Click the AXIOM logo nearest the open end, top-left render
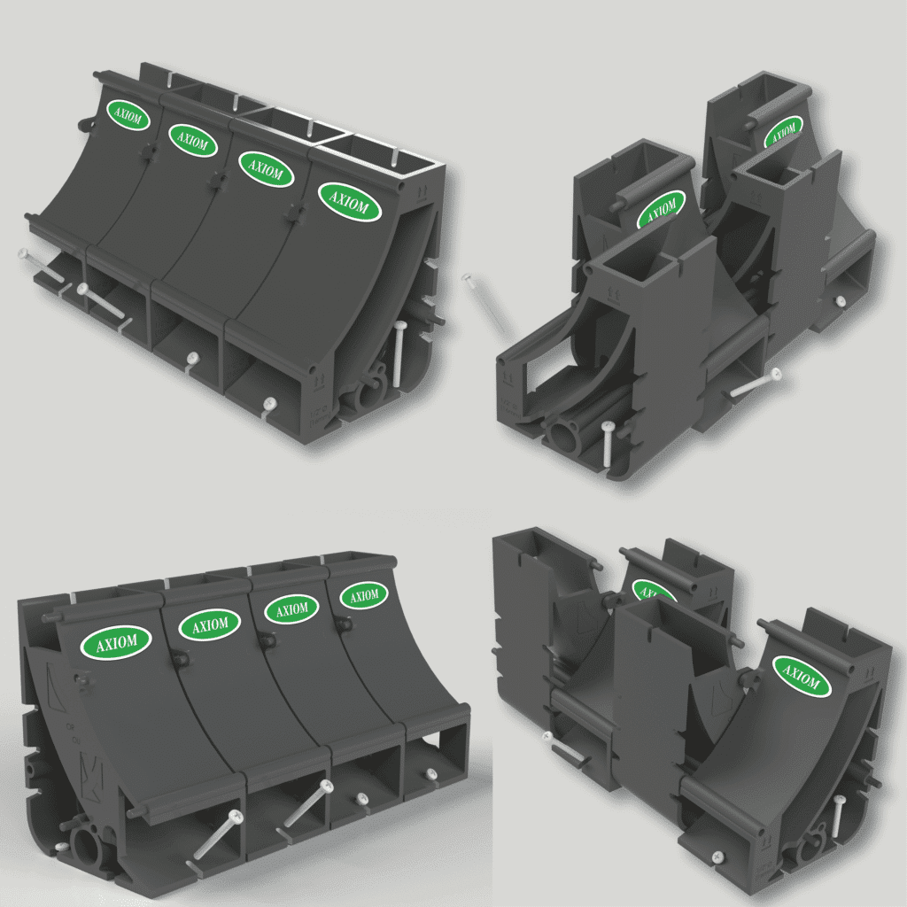pos(350,203)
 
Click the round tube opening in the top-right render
pos(564,438)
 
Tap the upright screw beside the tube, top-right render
pos(607,443)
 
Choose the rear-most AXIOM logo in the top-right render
pos(782,133)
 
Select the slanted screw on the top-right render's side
pos(755,383)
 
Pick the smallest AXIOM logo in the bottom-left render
pos(363,595)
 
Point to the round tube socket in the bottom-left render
pos(85,848)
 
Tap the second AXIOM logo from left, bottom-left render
pos(210,624)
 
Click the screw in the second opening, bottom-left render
pos(304,808)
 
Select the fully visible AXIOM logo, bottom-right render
pos(801,677)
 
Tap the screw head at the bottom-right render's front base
pos(716,857)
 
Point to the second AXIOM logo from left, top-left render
pos(193,140)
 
